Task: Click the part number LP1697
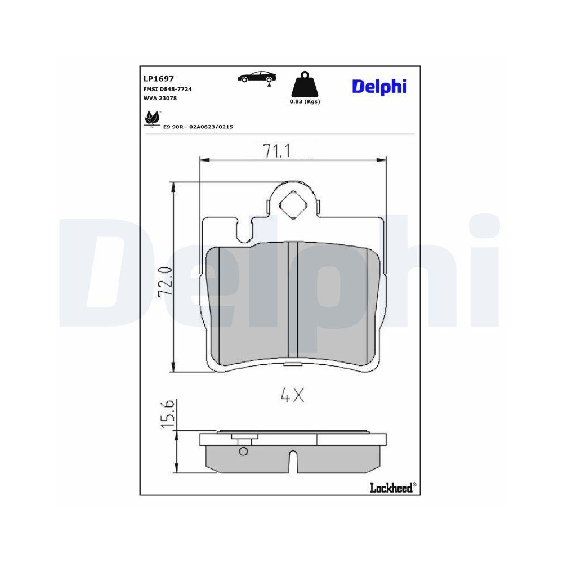pyautogui.click(x=159, y=79)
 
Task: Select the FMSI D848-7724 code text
pyautogui.click(x=168, y=89)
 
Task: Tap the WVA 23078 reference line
pyautogui.click(x=160, y=98)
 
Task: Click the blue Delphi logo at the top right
pyautogui.click(x=379, y=87)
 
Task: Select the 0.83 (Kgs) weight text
pyautogui.click(x=305, y=101)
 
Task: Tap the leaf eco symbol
pyautogui.click(x=152, y=118)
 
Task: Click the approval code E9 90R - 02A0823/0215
pyautogui.click(x=198, y=127)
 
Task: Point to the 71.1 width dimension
pyautogui.click(x=276, y=151)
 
